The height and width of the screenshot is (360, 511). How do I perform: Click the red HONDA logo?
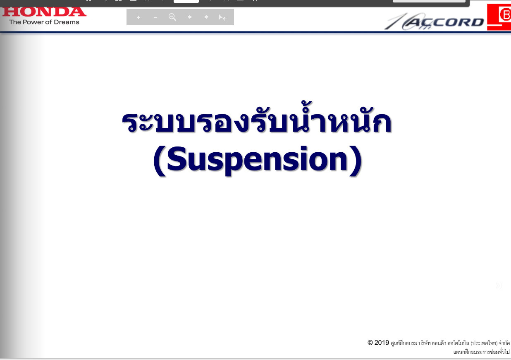[44, 12]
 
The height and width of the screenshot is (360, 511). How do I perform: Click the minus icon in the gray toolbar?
[155, 17]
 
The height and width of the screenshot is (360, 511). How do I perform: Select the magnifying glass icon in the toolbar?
[172, 17]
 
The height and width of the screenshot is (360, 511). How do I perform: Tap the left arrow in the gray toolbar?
[189, 17]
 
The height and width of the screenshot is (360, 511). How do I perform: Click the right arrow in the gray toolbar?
[206, 17]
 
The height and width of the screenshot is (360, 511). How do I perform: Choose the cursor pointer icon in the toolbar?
[222, 17]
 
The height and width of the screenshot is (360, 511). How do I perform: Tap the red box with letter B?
[499, 17]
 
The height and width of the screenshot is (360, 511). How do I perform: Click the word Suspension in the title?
[258, 160]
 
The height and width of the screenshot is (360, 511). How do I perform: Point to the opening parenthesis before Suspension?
[160, 161]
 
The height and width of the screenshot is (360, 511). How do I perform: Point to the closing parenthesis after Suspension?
[356, 161]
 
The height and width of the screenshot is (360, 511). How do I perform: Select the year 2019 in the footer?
[382, 343]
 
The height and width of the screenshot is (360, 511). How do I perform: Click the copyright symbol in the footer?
[370, 343]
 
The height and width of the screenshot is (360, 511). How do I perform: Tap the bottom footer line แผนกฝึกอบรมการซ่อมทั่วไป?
[481, 352]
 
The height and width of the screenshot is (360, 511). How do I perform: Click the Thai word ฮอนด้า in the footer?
[439, 343]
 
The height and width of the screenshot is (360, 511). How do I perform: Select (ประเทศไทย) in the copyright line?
[484, 343]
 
